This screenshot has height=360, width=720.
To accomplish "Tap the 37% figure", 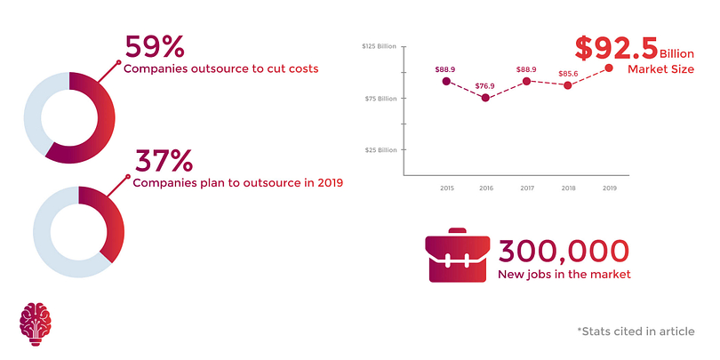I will tap(164, 161).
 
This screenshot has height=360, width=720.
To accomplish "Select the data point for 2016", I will tap(485, 97).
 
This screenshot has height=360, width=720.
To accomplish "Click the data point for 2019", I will tap(609, 68).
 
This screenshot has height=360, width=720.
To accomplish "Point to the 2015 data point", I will tap(446, 81).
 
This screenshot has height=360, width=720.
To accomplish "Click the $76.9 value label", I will tap(485, 85).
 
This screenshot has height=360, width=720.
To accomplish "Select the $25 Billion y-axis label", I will tap(380, 150).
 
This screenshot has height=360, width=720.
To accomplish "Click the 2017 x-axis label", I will tap(527, 188).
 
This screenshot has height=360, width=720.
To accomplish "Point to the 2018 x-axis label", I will tap(568, 188).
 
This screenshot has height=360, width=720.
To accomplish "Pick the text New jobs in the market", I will tap(564, 275).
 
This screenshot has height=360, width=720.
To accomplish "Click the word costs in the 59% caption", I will tap(300, 68).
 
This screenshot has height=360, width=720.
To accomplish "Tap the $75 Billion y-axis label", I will tap(380, 99).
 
